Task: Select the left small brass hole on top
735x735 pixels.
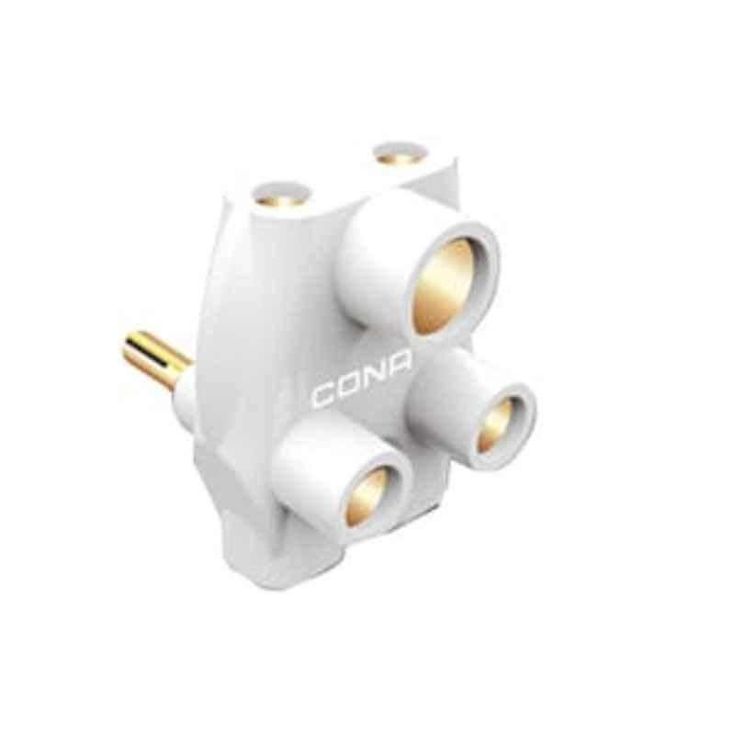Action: tap(281, 197)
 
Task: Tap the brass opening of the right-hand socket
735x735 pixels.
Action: tap(495, 424)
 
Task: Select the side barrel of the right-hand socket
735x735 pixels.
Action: tap(432, 386)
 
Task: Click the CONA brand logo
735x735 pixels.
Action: tap(364, 390)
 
